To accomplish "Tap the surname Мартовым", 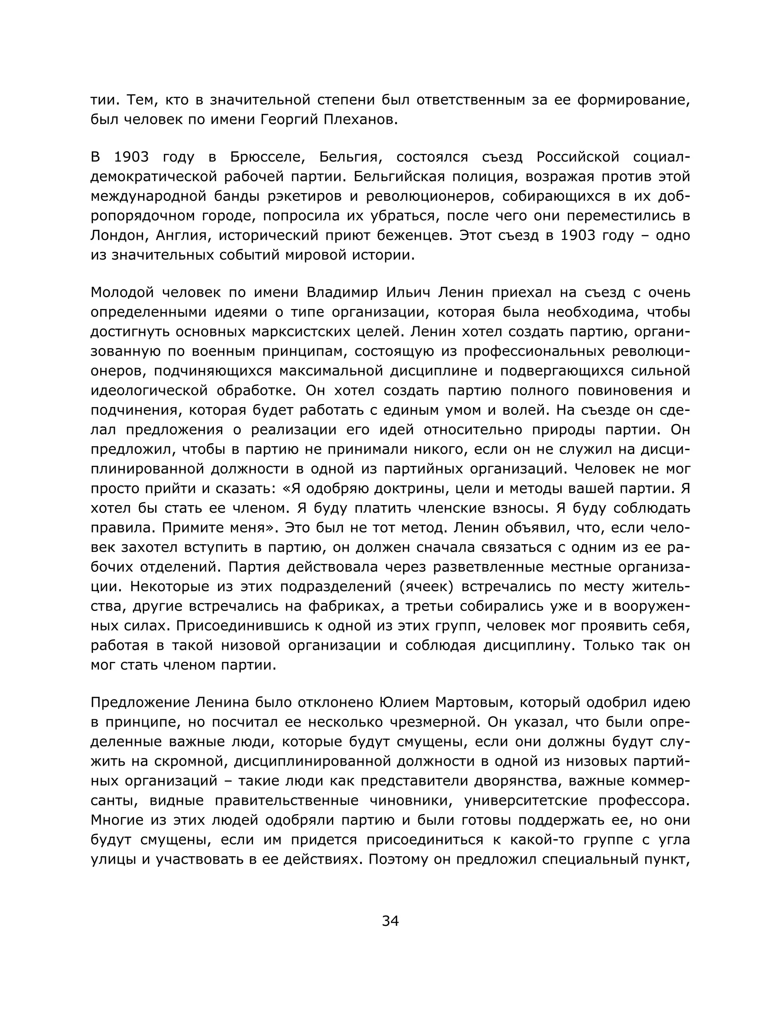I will coord(472,702).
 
